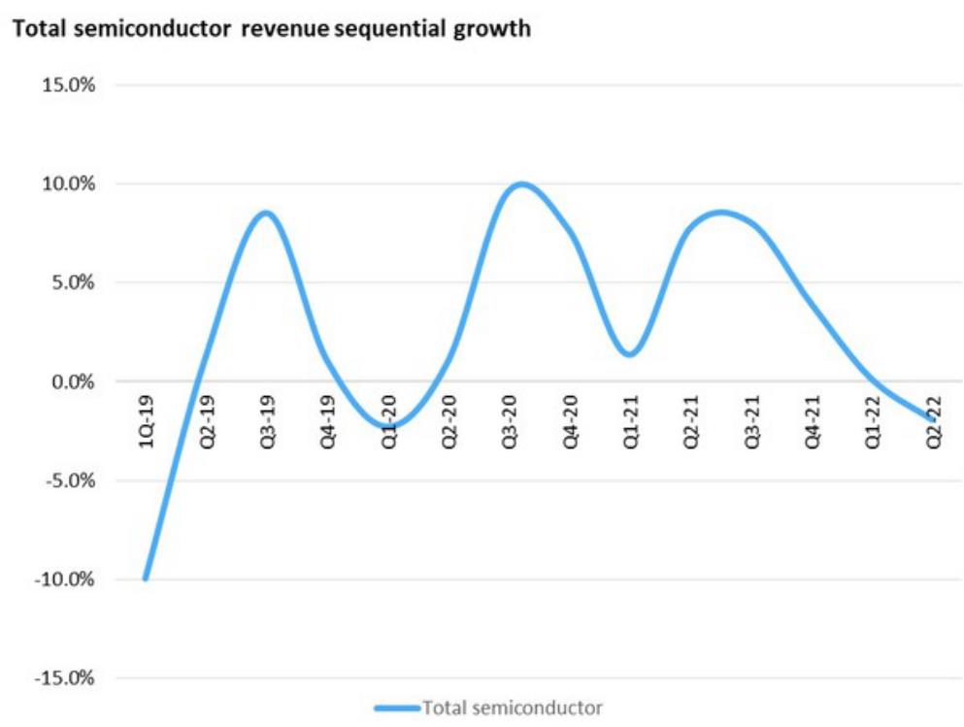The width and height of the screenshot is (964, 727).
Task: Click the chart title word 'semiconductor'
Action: tap(140, 29)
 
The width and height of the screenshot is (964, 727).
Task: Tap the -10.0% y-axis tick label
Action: tap(65, 580)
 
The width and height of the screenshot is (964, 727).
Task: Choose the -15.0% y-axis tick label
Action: tap(65, 679)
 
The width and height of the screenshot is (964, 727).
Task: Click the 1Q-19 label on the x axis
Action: tap(147, 418)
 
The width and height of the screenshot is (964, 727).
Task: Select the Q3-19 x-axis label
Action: tap(268, 418)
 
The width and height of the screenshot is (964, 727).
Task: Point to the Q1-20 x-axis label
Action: tap(388, 418)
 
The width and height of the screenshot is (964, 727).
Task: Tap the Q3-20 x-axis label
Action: tap(510, 418)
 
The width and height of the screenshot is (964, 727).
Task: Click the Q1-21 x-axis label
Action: tap(631, 418)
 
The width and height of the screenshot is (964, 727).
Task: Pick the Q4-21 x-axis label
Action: tap(813, 418)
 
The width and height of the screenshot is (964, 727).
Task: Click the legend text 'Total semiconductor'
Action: tap(513, 708)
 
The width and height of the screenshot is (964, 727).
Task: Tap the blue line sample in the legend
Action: tap(397, 708)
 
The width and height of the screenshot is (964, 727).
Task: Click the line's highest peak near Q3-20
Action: tap(521, 184)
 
